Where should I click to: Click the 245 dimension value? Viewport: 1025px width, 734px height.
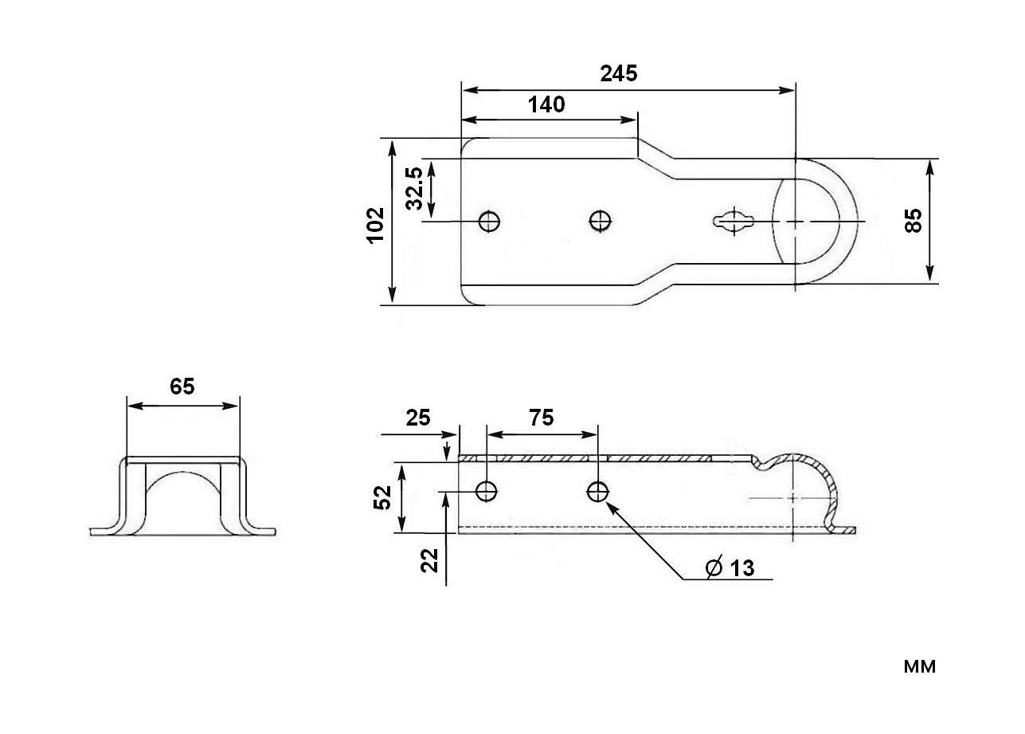619,74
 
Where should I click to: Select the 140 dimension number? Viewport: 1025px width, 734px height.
546,105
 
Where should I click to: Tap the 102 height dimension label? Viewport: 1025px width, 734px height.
376,226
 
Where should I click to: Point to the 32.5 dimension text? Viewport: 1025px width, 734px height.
415,188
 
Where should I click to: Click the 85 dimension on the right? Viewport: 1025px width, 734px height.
914,221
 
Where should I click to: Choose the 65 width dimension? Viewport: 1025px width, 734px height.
182,387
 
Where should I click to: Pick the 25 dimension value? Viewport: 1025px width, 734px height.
418,418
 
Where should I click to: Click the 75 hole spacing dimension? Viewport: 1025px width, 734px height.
542,418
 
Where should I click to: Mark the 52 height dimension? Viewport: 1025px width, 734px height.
382,497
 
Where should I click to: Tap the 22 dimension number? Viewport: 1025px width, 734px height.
429,560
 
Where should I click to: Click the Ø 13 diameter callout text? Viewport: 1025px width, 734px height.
730,567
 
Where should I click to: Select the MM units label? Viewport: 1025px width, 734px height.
920,667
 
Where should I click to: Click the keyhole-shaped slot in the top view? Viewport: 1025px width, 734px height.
734,222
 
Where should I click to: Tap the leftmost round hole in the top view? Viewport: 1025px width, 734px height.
489,222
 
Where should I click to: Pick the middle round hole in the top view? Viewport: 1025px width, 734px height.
601,222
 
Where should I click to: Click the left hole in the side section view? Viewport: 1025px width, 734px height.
487,491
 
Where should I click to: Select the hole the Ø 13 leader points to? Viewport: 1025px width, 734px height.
597,492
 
